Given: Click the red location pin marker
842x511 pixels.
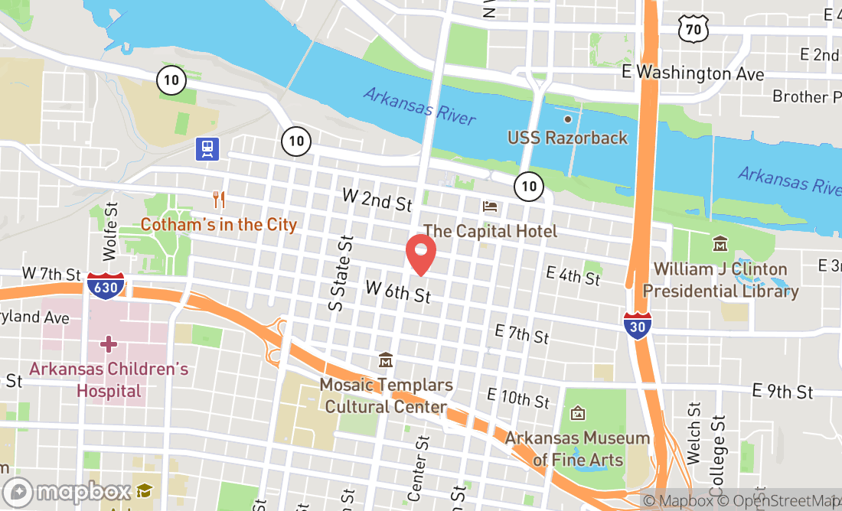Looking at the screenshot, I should tap(420, 254).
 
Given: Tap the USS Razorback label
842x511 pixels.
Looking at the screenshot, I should tap(567, 138).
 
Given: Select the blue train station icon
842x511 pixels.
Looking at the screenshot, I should tap(207, 148).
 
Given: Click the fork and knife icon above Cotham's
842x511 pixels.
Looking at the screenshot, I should tap(219, 200).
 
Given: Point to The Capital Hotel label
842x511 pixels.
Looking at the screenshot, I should tap(490, 230).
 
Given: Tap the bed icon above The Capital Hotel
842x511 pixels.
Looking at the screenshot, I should tap(490, 207).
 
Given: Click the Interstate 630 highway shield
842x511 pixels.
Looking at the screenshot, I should tap(106, 285).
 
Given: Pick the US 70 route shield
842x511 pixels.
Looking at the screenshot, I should tap(693, 29).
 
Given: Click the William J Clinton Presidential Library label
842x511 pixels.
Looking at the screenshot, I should tap(720, 280).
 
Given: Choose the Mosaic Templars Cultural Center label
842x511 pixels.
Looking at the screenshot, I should tap(386, 395).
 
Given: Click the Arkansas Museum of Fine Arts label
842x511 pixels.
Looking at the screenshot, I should tap(577, 448).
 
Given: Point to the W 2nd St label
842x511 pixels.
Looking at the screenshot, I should tap(377, 200).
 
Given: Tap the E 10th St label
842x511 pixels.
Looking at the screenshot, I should tap(518, 399).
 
